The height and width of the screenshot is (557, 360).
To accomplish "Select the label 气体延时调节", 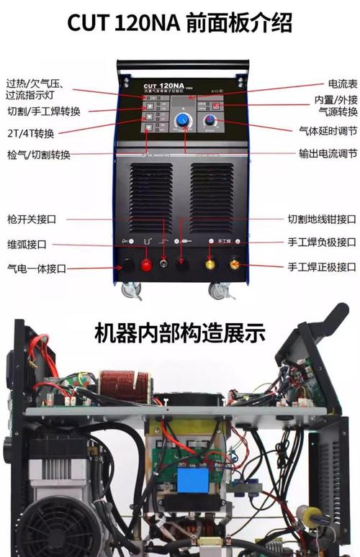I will pos(328,132).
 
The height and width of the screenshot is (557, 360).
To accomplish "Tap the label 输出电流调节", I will pos(328,153).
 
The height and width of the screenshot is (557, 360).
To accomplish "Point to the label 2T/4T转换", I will pos(30,132).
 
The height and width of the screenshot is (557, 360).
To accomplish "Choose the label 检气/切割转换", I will pos(39,155).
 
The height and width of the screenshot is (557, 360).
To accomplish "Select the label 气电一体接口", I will pos(36,268).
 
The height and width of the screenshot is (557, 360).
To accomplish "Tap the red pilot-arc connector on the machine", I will pos(147,265).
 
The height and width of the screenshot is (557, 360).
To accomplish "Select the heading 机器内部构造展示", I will pos(180,333).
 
